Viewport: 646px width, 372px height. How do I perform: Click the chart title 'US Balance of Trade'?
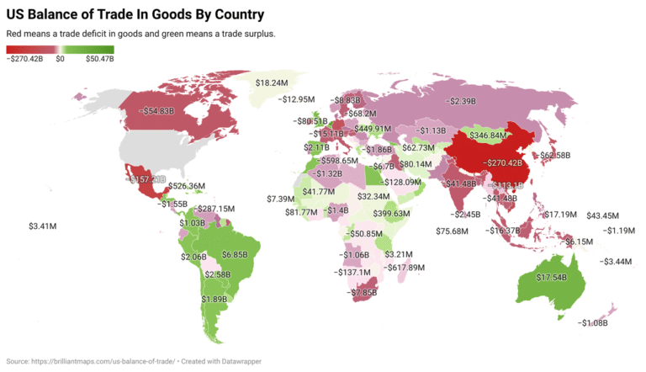(x=135, y=14)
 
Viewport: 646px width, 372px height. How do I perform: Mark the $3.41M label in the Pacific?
(x=42, y=226)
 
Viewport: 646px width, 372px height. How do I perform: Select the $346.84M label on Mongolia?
(x=488, y=135)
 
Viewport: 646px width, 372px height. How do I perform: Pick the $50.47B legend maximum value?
(x=98, y=59)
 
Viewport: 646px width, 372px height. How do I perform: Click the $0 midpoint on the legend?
(x=61, y=59)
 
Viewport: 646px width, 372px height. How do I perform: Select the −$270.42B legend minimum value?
(x=26, y=59)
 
